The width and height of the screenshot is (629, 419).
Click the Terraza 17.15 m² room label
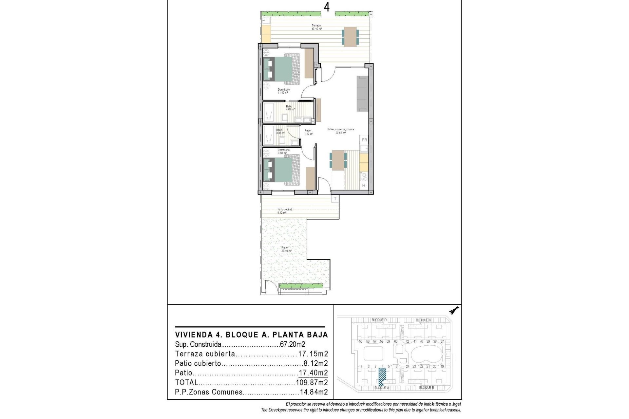(x=316, y=27)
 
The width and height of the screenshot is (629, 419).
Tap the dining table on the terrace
(x=350, y=37)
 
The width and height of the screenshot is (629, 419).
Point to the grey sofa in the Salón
(x=362, y=93)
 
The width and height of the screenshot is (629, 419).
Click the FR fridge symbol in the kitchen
(x=364, y=140)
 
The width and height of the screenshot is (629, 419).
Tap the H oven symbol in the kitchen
(x=364, y=186)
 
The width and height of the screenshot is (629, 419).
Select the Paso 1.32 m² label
(x=307, y=132)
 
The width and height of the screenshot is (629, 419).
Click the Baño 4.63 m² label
(x=290, y=108)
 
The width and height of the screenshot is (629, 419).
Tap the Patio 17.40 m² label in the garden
(x=286, y=249)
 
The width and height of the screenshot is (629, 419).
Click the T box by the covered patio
(x=335, y=199)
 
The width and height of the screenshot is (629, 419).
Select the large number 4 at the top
(x=327, y=7)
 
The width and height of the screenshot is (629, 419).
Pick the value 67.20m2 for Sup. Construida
(x=292, y=344)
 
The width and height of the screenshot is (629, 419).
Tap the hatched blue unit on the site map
(x=382, y=377)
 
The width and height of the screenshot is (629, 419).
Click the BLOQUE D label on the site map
(x=379, y=320)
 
